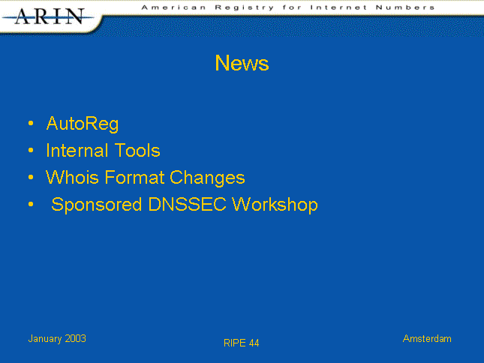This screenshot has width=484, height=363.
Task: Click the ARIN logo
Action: pos(48,16)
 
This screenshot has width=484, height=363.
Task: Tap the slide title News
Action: pos(242,63)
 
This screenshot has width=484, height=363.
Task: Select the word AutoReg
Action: pos(83,124)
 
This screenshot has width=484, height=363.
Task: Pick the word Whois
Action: pos(72,177)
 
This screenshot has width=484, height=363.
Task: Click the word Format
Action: pos(134,177)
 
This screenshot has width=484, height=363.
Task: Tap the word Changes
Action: pos(207,178)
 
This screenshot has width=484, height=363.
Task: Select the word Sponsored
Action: pos(97,205)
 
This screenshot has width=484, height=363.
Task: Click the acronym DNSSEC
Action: pos(188,204)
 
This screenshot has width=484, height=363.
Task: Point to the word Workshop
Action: pos(275,205)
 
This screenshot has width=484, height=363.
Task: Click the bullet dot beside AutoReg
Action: pos(31,123)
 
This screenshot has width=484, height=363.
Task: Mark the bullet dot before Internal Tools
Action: pos(31,151)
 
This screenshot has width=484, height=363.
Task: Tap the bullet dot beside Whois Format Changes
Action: pos(31,177)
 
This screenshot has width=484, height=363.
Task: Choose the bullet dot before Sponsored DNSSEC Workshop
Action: pos(31,204)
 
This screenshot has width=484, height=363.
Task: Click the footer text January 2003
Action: pos(57,339)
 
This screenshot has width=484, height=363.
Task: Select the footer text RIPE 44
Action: pos(242,343)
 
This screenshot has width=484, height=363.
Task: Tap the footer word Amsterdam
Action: pos(427,339)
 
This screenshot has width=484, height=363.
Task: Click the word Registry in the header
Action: pos(245,7)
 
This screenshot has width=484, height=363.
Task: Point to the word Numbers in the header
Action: pos(405,7)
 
